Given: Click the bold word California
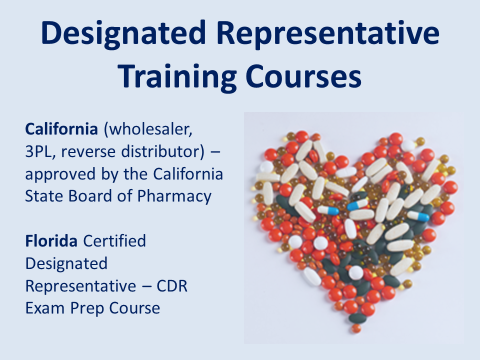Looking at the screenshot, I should (61, 129).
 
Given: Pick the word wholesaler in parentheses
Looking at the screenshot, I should (148, 129).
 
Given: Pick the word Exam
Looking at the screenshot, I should (42, 307).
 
